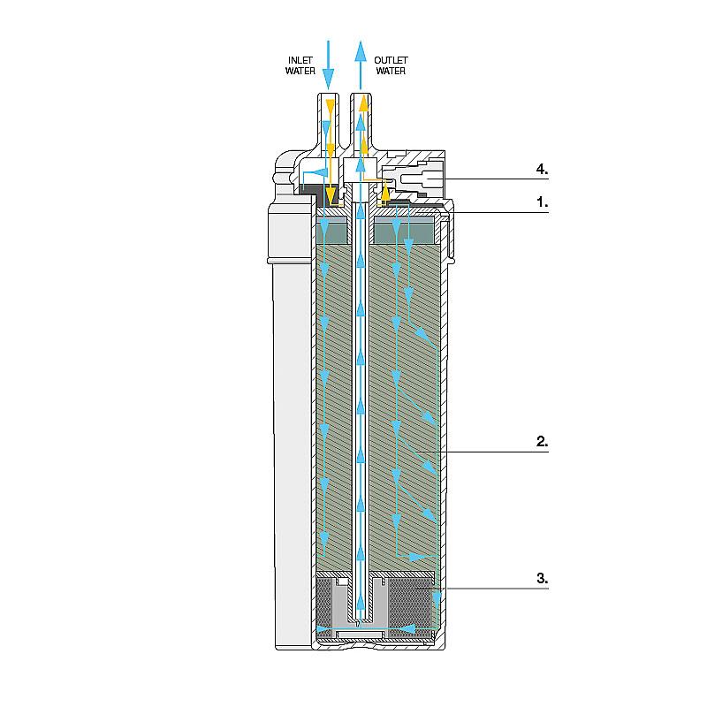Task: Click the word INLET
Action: pyautogui.click(x=300, y=60)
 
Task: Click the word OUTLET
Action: pyautogui.click(x=391, y=60)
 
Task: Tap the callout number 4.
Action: pyautogui.click(x=542, y=170)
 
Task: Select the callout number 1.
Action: pyautogui.click(x=542, y=202)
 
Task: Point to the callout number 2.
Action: pyautogui.click(x=542, y=441)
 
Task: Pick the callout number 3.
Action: pyautogui.click(x=542, y=578)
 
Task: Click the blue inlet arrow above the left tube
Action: pyautogui.click(x=328, y=65)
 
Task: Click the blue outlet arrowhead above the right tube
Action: pyautogui.click(x=361, y=50)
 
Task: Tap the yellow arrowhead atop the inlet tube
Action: pyautogui.click(x=331, y=107)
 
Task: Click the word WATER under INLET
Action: pyautogui.click(x=300, y=71)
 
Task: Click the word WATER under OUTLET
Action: pyautogui.click(x=391, y=71)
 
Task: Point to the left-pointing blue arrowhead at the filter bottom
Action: pyautogui.click(x=408, y=628)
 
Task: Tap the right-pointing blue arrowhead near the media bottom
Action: pyautogui.click(x=417, y=557)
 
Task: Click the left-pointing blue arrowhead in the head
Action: pyautogui.click(x=320, y=172)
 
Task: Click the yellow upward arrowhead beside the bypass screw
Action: pyautogui.click(x=384, y=193)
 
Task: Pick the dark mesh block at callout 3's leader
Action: pyautogui.click(x=410, y=604)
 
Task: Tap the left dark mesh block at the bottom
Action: pyautogui.click(x=324, y=604)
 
